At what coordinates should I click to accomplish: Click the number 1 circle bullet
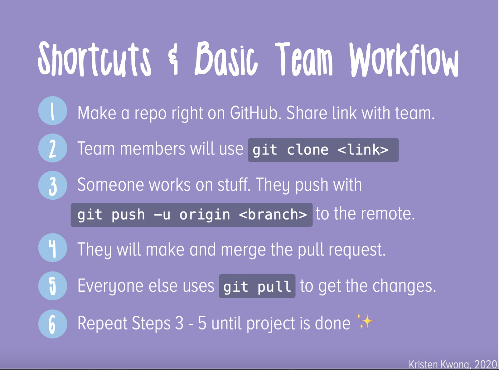pyautogui.click(x=53, y=111)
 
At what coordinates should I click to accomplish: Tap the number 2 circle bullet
pyautogui.click(x=53, y=148)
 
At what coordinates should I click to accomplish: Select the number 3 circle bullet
pyautogui.click(x=53, y=185)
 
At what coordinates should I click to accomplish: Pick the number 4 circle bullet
pyautogui.click(x=53, y=248)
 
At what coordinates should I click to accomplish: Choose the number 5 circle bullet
pyautogui.click(x=53, y=286)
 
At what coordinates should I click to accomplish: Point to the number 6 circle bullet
pyautogui.click(x=53, y=324)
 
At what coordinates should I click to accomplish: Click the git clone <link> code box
pyautogui.click(x=323, y=150)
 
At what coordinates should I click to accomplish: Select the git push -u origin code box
pyautogui.click(x=192, y=215)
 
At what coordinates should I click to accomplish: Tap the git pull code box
pyautogui.click(x=257, y=286)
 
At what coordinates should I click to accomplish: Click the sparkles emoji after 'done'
pyautogui.click(x=365, y=321)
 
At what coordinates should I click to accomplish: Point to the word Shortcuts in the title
pyautogui.click(x=94, y=59)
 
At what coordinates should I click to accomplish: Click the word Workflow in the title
pyautogui.click(x=404, y=59)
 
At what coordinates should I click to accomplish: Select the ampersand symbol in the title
pyautogui.click(x=173, y=59)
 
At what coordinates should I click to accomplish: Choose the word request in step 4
pyautogui.click(x=357, y=250)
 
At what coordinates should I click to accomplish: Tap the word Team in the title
pyautogui.click(x=304, y=59)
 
